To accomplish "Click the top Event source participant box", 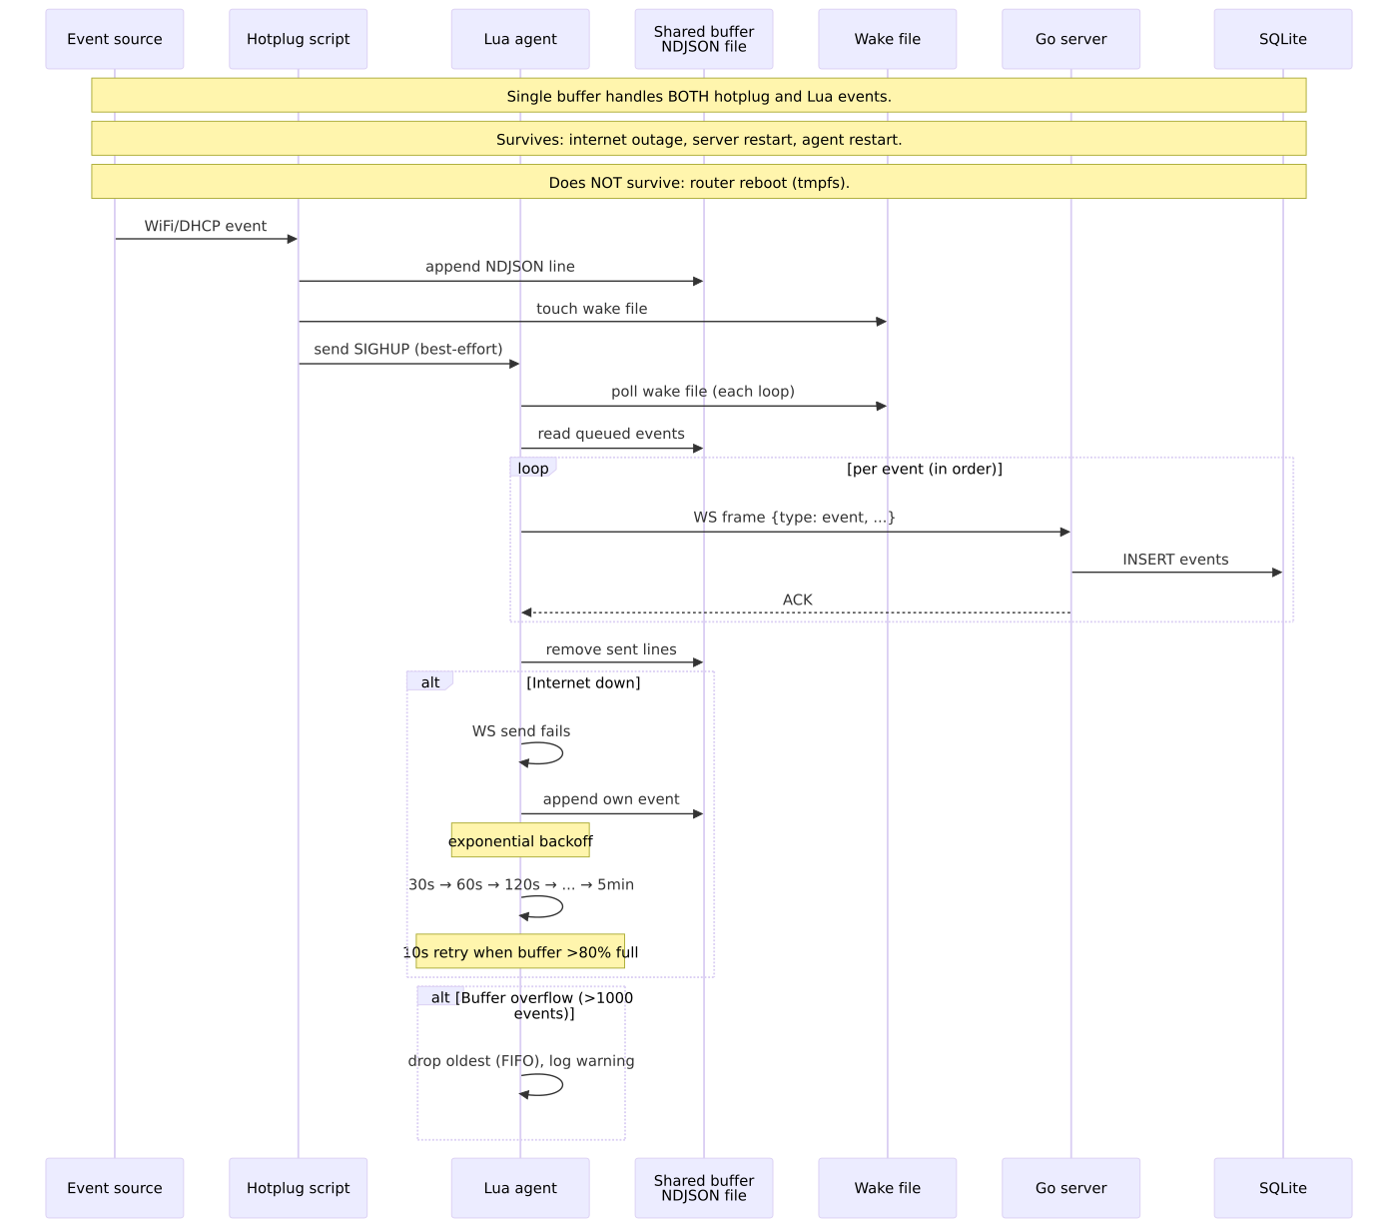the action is [x=115, y=39].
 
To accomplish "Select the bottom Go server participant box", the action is [x=1070, y=1188].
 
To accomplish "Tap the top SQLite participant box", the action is [x=1283, y=39].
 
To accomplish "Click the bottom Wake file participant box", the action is [x=888, y=1188].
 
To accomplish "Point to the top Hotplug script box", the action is [x=299, y=39].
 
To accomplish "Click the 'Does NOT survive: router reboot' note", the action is [x=699, y=182].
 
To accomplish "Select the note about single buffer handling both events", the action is [x=699, y=95].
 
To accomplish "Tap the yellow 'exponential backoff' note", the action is [x=520, y=840].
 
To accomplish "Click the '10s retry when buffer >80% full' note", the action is [x=520, y=951].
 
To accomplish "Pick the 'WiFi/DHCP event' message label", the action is [x=205, y=226].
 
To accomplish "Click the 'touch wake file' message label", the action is [x=592, y=309].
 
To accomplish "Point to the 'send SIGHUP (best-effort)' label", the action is [x=407, y=350].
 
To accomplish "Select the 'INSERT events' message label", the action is [x=1175, y=560].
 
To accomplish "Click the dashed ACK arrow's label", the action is [x=797, y=600].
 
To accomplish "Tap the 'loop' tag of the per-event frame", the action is [x=532, y=469].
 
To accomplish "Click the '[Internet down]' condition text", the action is [x=583, y=682].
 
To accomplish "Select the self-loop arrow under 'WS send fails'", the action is [x=561, y=753].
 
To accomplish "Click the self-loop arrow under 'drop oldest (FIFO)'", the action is [x=561, y=1085].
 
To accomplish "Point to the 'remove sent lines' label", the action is [x=611, y=649].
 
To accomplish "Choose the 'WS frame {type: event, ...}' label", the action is [x=794, y=518].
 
